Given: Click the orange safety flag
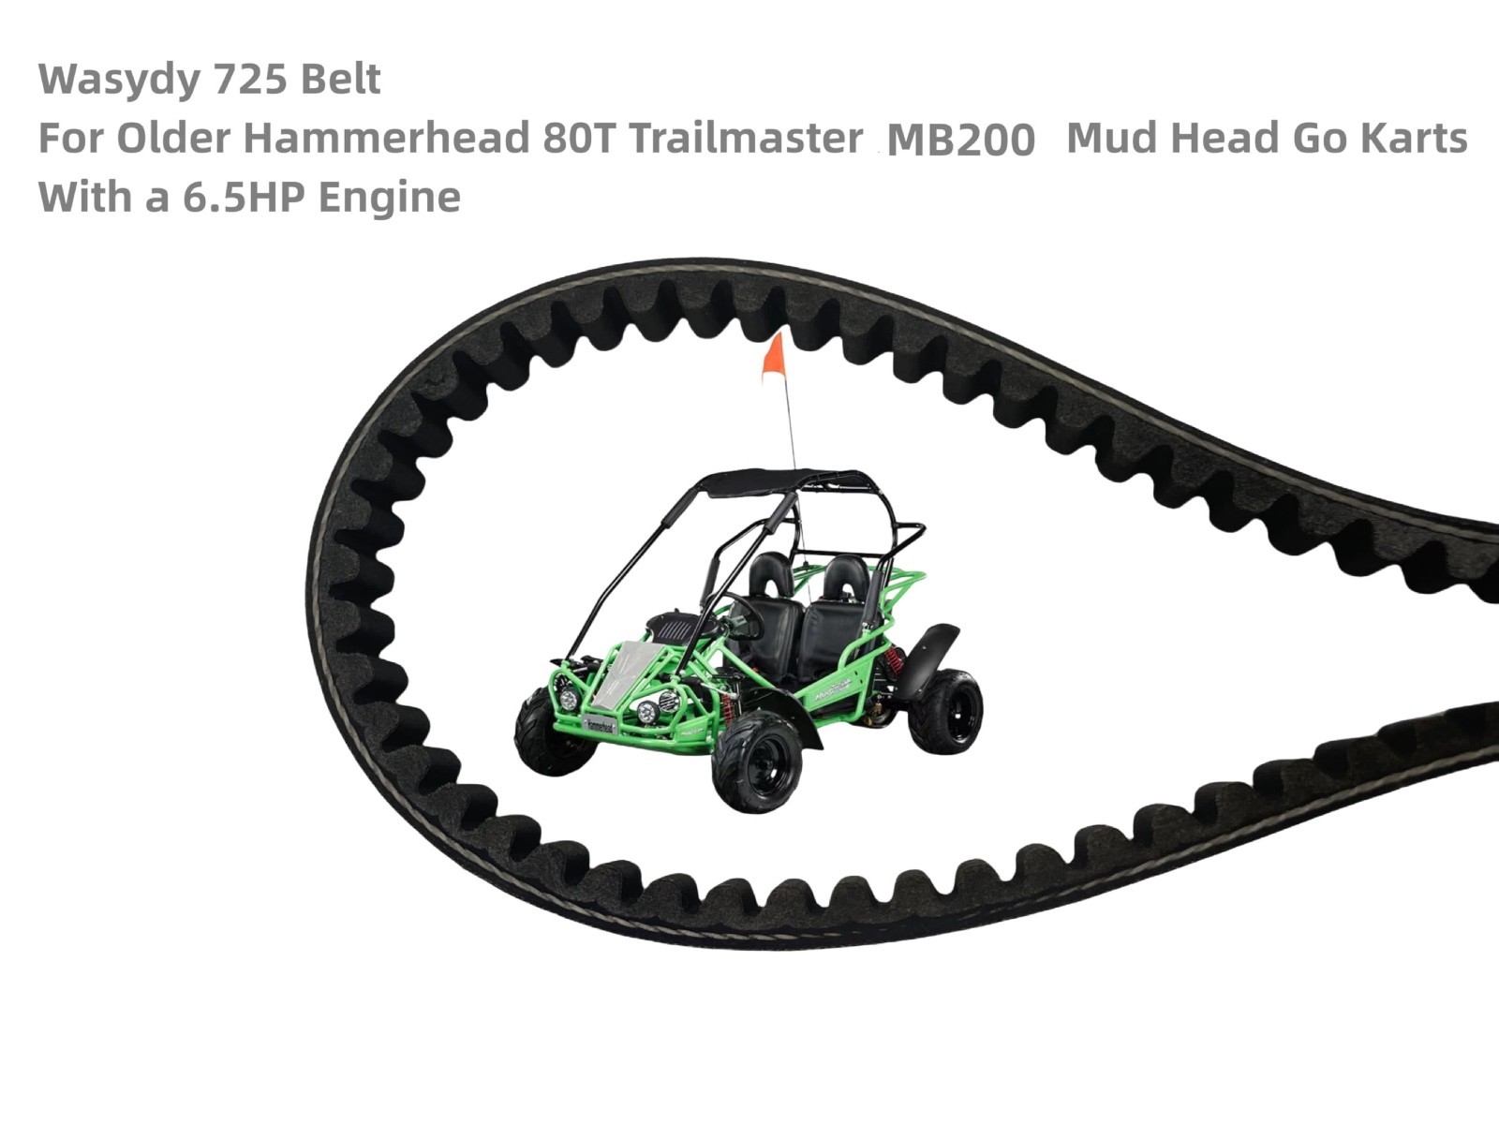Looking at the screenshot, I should click(x=773, y=359).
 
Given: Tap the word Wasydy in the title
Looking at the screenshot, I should click(x=118, y=79).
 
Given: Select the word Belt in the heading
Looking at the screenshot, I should click(x=340, y=79).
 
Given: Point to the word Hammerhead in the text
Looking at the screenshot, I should click(x=386, y=138).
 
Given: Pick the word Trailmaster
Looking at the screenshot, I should click(x=745, y=138).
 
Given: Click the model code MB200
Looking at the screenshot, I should click(x=960, y=140).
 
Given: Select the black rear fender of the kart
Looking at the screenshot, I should click(x=937, y=651).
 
